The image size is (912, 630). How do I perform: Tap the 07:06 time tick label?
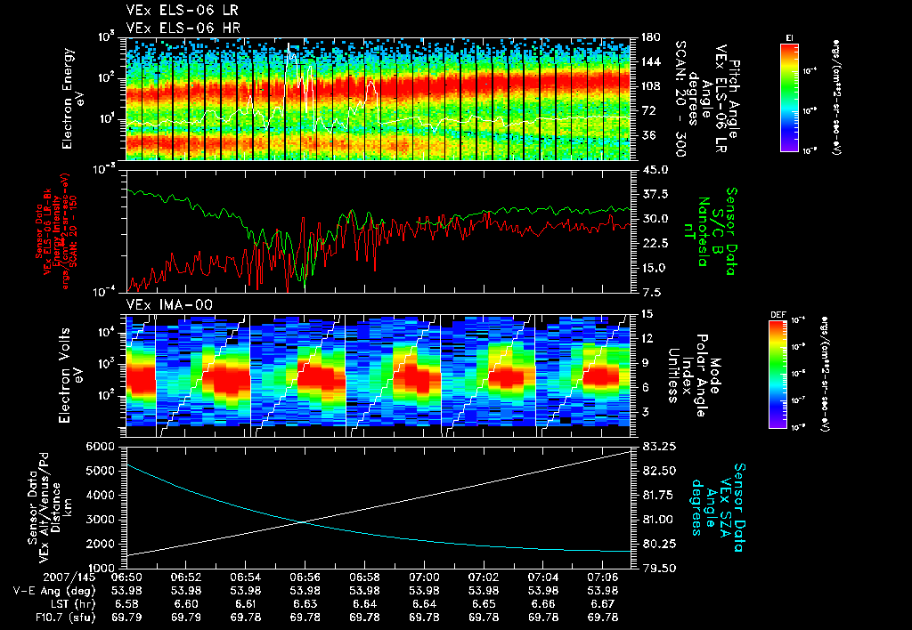click(x=603, y=577)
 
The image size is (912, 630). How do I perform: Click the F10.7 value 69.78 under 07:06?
click(x=603, y=617)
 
